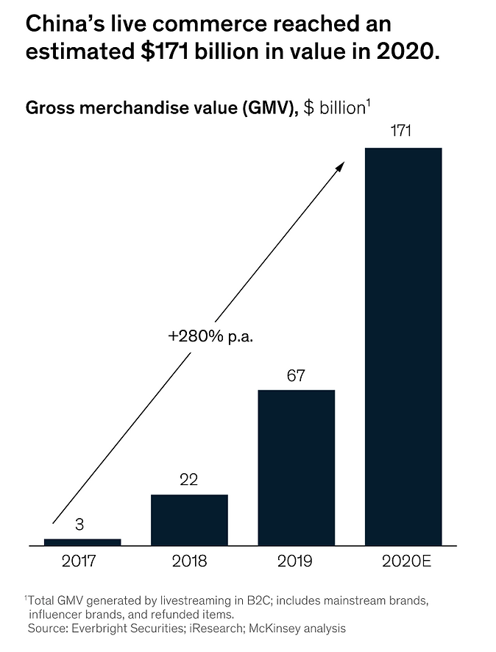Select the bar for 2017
[x=82, y=542]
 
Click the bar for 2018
[x=189, y=520]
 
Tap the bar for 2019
[x=296, y=467]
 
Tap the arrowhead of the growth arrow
[x=340, y=167]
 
